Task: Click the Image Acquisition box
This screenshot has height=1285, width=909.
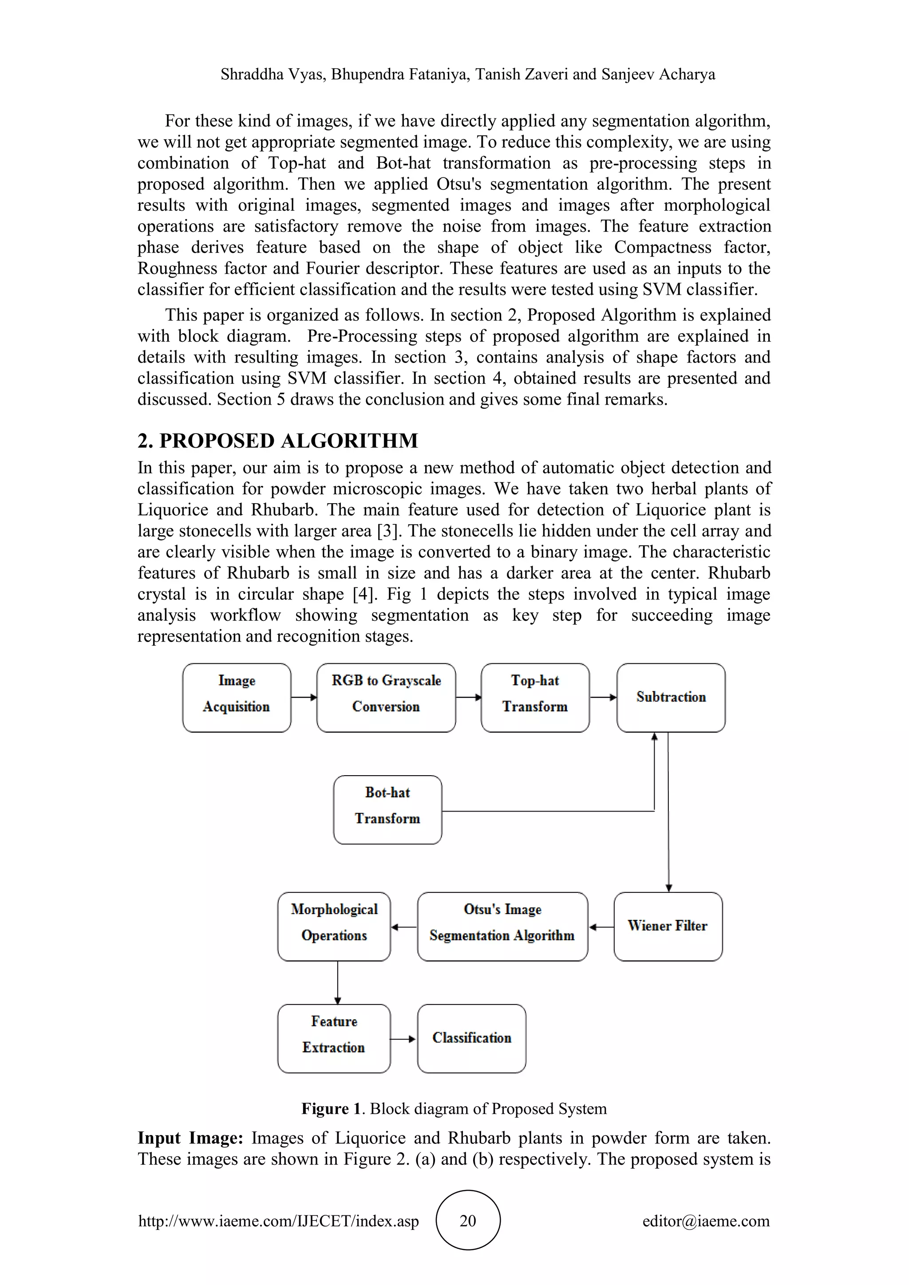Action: (x=236, y=698)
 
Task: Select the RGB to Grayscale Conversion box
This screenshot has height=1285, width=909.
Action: (x=386, y=698)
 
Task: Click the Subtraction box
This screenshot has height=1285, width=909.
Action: (x=671, y=698)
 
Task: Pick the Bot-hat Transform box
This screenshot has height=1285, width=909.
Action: (x=387, y=809)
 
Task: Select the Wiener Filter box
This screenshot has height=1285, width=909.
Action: (x=667, y=926)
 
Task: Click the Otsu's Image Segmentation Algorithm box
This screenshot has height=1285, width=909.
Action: (x=502, y=926)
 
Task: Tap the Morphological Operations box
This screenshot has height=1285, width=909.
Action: (x=334, y=926)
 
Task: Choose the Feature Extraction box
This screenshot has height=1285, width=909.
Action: (x=334, y=1038)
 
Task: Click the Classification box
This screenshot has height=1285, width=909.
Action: (x=471, y=1038)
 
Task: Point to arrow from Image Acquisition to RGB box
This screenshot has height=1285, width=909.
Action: (x=304, y=698)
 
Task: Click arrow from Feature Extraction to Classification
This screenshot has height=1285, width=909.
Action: (x=403, y=1039)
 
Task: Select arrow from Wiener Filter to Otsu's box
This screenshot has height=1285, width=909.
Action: (x=601, y=927)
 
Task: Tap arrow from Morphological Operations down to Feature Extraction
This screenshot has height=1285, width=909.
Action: (x=337, y=982)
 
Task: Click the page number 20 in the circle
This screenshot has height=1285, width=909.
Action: (x=467, y=1220)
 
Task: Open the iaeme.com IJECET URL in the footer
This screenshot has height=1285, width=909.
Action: (x=278, y=1221)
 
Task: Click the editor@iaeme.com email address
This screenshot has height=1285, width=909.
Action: (x=705, y=1221)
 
